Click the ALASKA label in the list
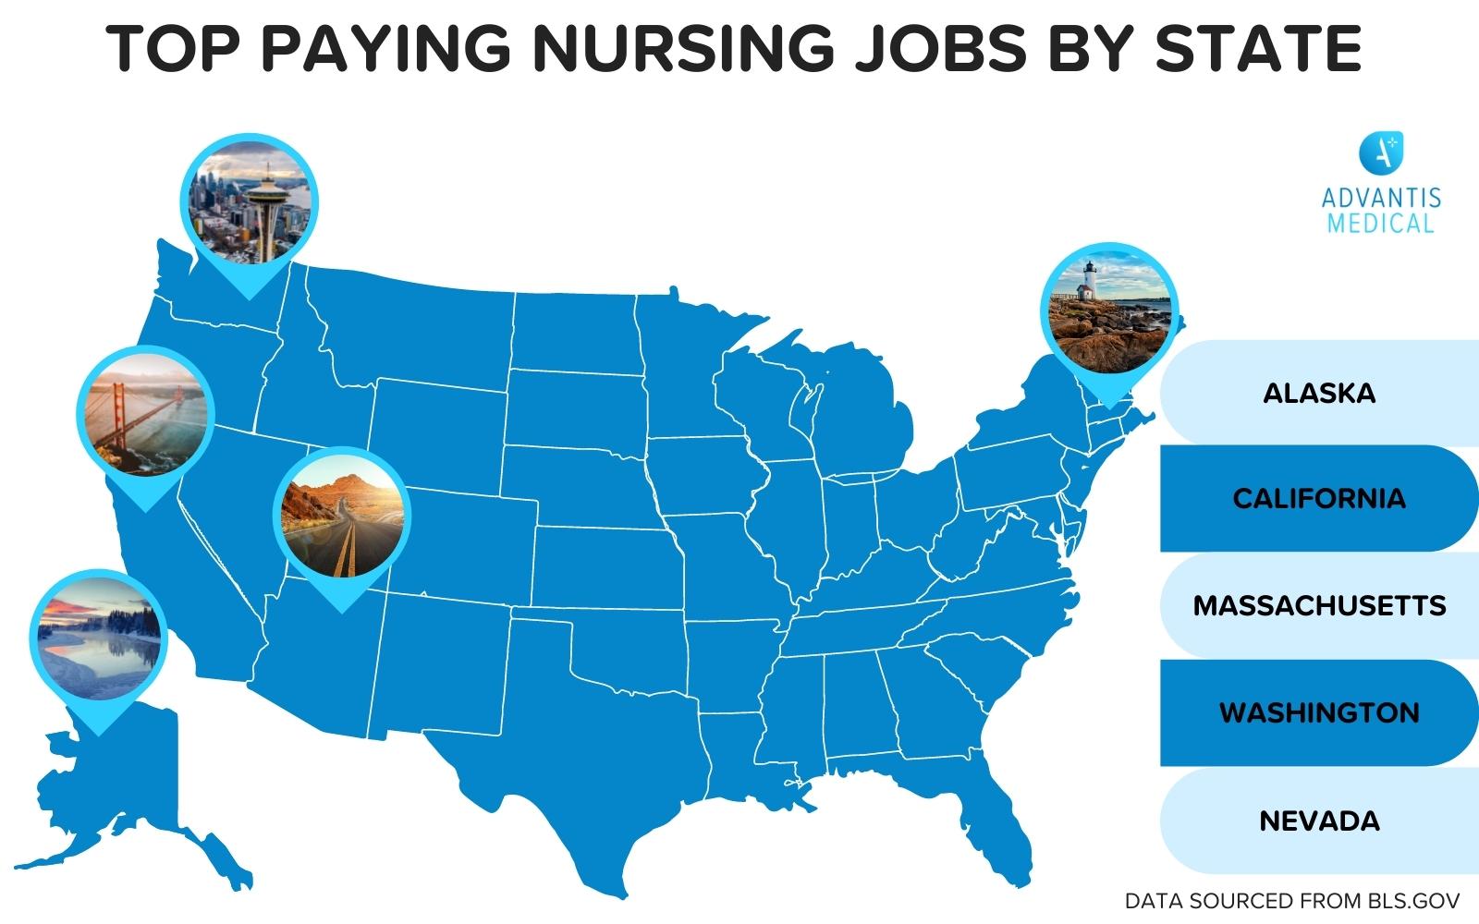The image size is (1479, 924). tap(1319, 393)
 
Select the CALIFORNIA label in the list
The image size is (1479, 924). tap(1319, 499)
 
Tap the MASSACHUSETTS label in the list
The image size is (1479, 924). tap(1319, 606)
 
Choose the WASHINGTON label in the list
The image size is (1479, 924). tap(1319, 713)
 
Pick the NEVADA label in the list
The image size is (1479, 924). tap(1319, 821)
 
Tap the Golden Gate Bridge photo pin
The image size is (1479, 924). tap(145, 413)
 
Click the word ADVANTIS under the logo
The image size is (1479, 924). tap(1381, 198)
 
